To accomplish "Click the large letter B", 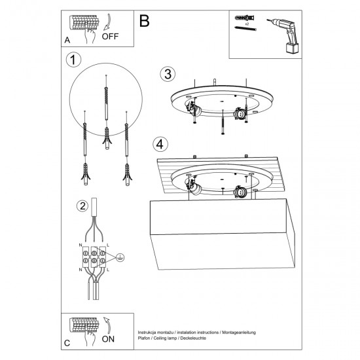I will point(144,21).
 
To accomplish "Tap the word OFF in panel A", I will point(110,37).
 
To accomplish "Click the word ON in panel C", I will point(109,339).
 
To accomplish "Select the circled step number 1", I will point(74,60).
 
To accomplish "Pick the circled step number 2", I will point(82,206).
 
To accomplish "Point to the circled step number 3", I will point(168,73).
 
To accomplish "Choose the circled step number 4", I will point(159,143).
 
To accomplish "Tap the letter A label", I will point(67,41).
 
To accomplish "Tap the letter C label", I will point(67,343).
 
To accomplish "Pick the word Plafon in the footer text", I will point(145,339).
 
